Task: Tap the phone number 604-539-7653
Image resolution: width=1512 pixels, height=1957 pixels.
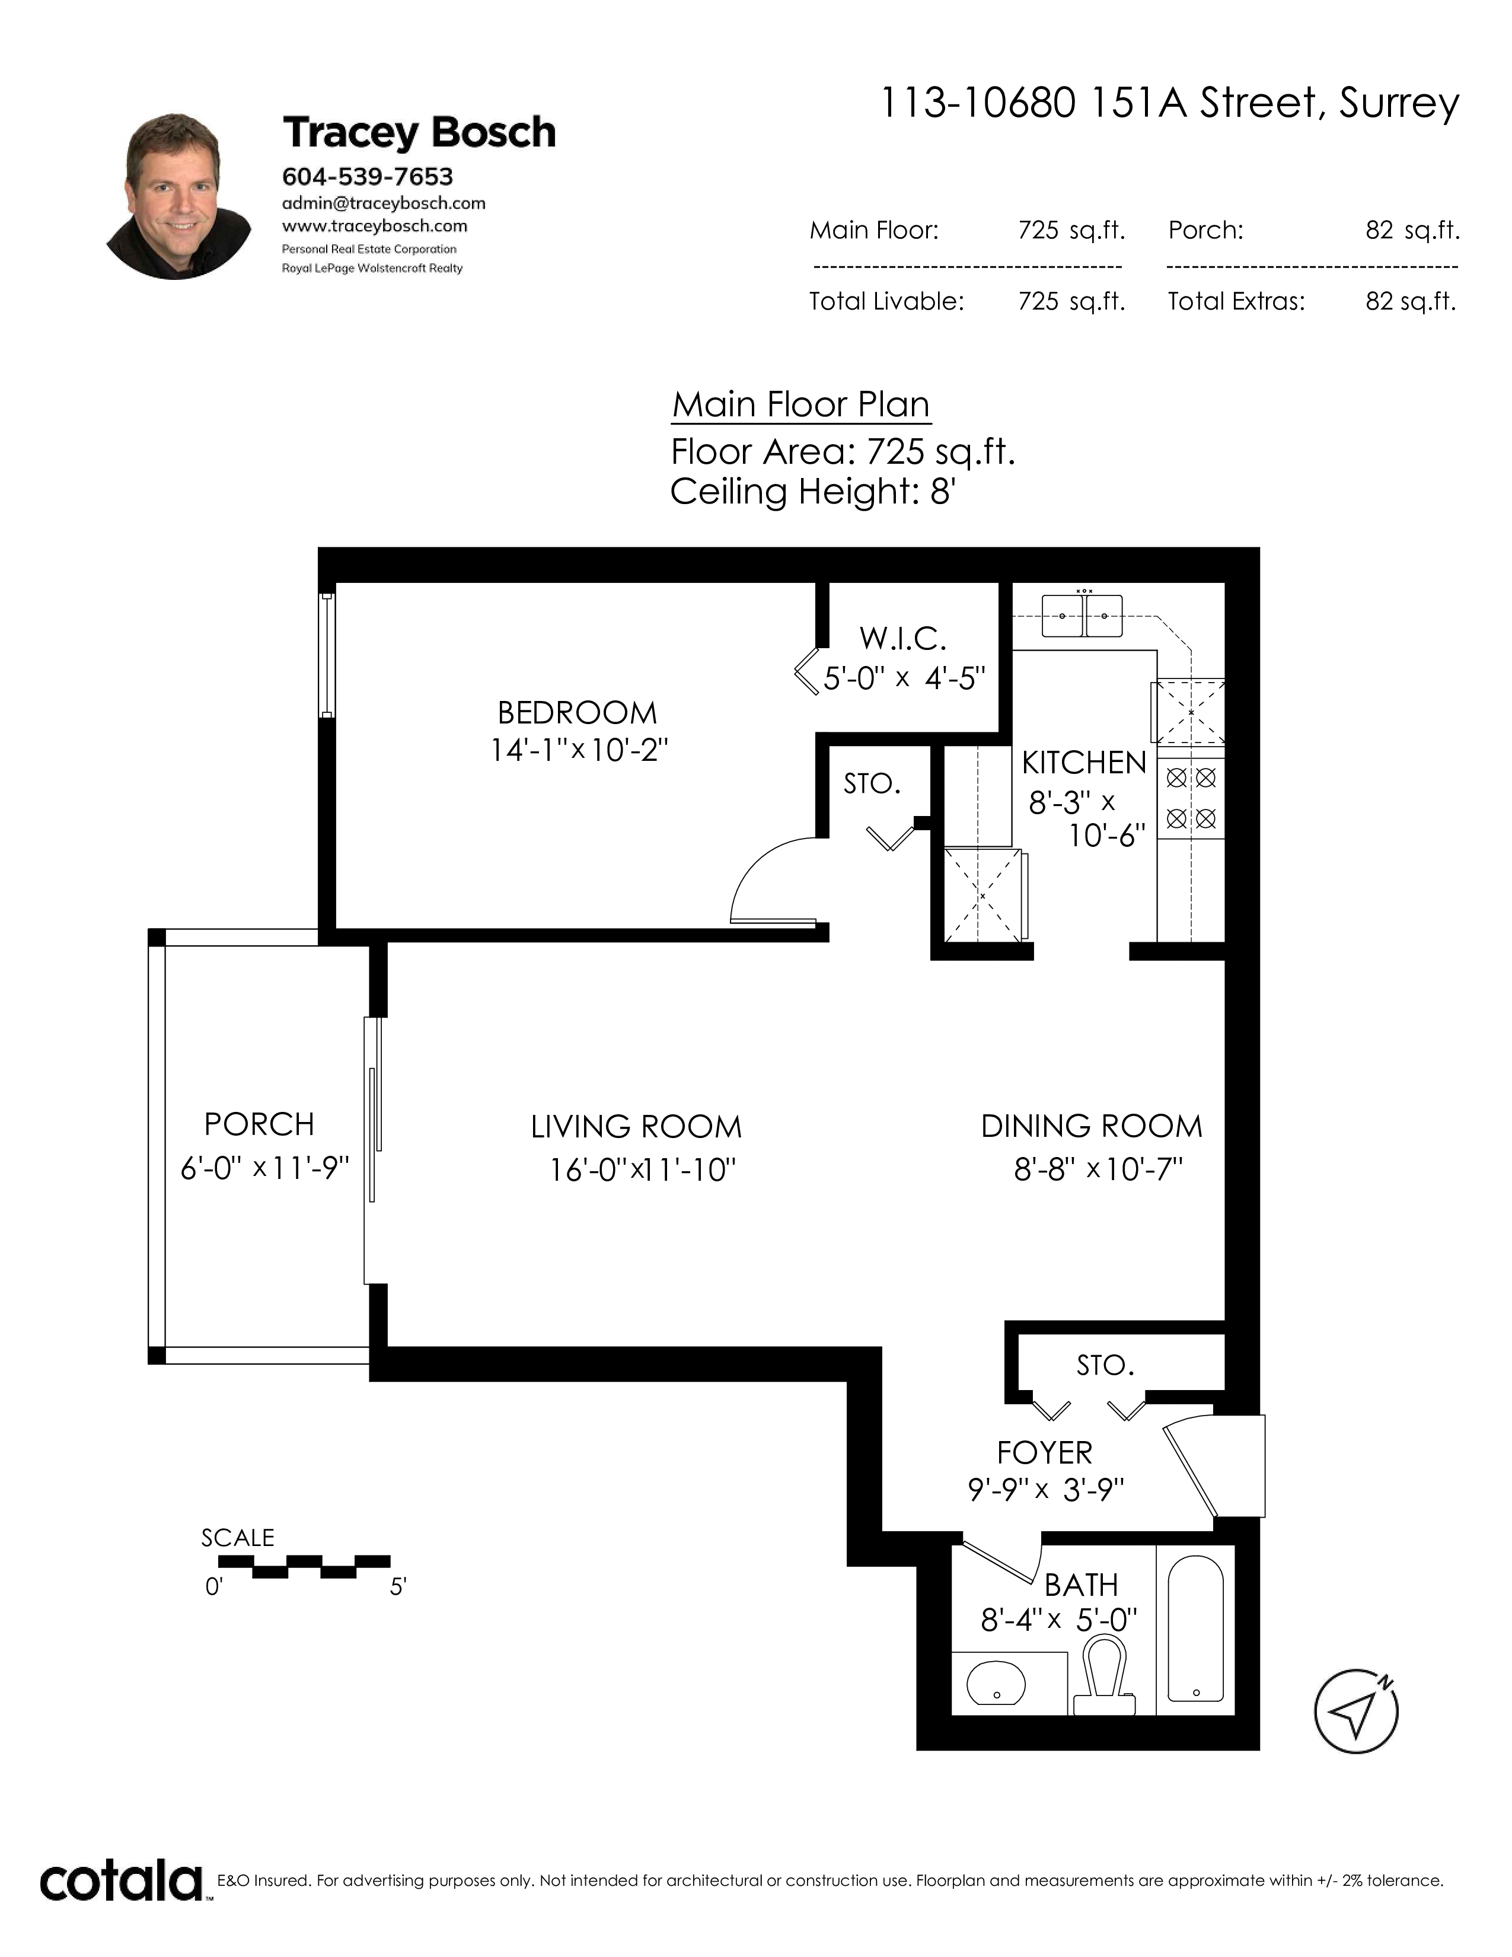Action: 367,177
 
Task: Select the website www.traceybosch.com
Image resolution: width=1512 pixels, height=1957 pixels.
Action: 374,226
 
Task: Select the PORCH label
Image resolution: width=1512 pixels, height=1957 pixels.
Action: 259,1124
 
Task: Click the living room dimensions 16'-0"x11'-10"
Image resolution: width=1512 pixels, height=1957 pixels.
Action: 642,1169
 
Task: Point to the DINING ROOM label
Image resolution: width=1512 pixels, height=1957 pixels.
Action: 1091,1126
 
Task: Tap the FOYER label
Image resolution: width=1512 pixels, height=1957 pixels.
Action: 1044,1452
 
